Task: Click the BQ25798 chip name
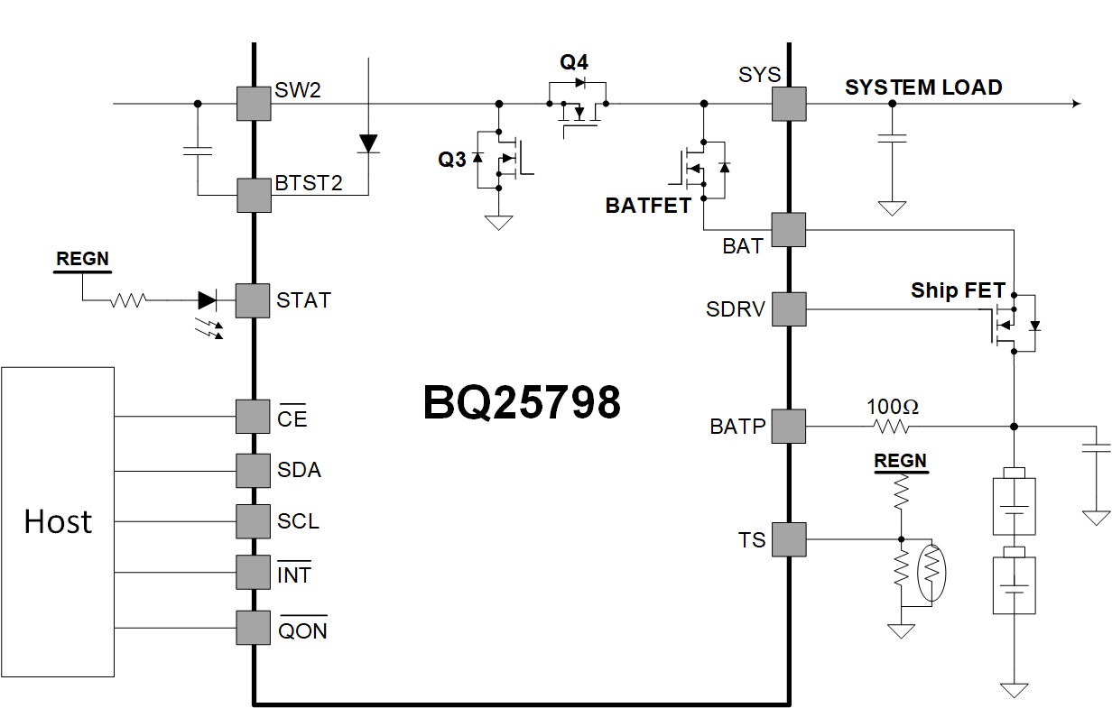pos(522,403)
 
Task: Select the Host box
pos(58,521)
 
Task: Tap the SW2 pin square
pos(254,104)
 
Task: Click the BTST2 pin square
pos(254,195)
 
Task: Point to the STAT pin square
pos(254,300)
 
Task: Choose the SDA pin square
pos(254,470)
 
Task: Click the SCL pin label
pos(298,521)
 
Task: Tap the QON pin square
pos(254,627)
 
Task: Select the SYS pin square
pos(789,104)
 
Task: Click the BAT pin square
pos(789,230)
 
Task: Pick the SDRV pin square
pos(789,309)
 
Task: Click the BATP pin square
pos(789,426)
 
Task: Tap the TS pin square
pos(789,539)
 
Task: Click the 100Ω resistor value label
pos(893,407)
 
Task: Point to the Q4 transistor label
pos(574,62)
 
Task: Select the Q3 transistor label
pos(452,160)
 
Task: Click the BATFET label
pos(648,206)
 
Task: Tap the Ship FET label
pos(958,290)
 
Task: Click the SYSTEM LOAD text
pos(923,87)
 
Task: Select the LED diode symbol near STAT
pos(207,300)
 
